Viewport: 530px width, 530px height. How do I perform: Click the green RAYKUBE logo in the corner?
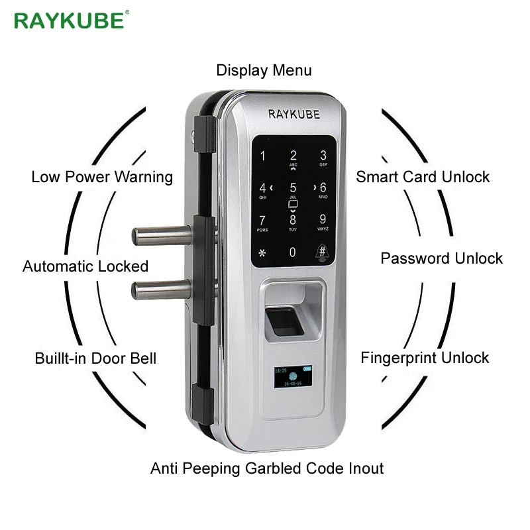click(69, 21)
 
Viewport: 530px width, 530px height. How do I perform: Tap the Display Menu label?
click(264, 70)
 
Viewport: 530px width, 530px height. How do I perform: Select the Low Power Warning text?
click(102, 177)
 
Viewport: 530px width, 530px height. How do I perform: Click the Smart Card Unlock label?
click(423, 177)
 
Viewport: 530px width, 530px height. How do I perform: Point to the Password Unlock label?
click(441, 258)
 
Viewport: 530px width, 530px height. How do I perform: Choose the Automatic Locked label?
click(85, 266)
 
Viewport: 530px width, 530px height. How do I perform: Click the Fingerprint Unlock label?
click(425, 358)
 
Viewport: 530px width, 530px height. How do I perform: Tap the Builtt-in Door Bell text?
click(95, 358)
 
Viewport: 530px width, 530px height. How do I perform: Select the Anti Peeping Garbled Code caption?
click(267, 468)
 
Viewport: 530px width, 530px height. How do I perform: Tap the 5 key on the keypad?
click(293, 188)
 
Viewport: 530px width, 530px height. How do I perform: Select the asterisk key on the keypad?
click(262, 253)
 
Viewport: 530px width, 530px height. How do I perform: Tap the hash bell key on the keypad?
click(323, 253)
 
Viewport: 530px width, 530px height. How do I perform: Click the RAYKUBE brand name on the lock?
click(293, 114)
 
